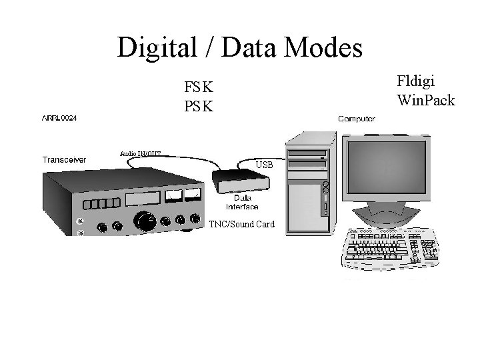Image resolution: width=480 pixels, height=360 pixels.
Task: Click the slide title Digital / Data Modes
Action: click(x=240, y=47)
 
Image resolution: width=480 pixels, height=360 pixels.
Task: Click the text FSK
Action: click(x=199, y=87)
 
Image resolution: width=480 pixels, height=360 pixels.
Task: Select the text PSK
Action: click(x=199, y=105)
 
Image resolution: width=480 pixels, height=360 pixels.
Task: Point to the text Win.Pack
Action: click(x=425, y=101)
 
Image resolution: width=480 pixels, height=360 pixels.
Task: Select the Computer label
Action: click(x=357, y=119)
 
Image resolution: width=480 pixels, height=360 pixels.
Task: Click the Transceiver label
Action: click(x=63, y=159)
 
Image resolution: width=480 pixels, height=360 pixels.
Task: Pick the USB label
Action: click(x=265, y=165)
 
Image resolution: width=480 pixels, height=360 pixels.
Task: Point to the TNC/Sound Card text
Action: click(x=242, y=224)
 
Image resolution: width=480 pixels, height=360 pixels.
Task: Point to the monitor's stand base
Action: click(x=387, y=217)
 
